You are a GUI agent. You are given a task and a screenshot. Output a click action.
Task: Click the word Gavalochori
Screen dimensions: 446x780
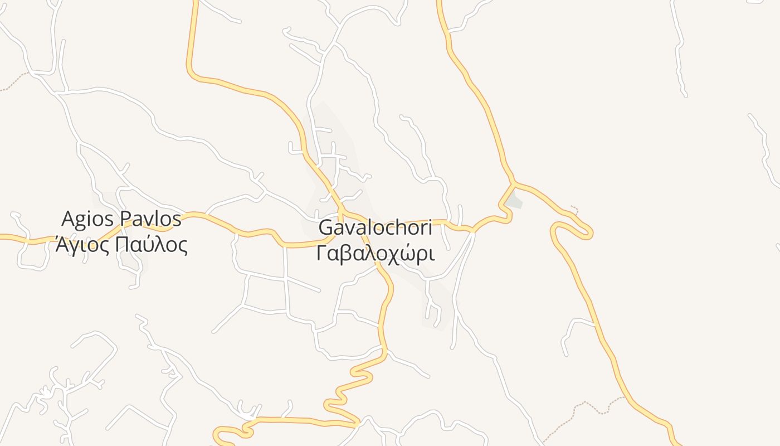pos(375,228)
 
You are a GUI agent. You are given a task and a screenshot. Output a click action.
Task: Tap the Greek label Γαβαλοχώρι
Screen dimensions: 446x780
pos(375,254)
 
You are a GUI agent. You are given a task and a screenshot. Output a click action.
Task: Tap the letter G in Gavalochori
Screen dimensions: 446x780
pos(326,228)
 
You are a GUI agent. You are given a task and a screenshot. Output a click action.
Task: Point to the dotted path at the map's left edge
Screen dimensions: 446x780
pos(14,81)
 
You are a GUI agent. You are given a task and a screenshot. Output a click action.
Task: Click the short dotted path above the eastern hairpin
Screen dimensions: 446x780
pos(575,210)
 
